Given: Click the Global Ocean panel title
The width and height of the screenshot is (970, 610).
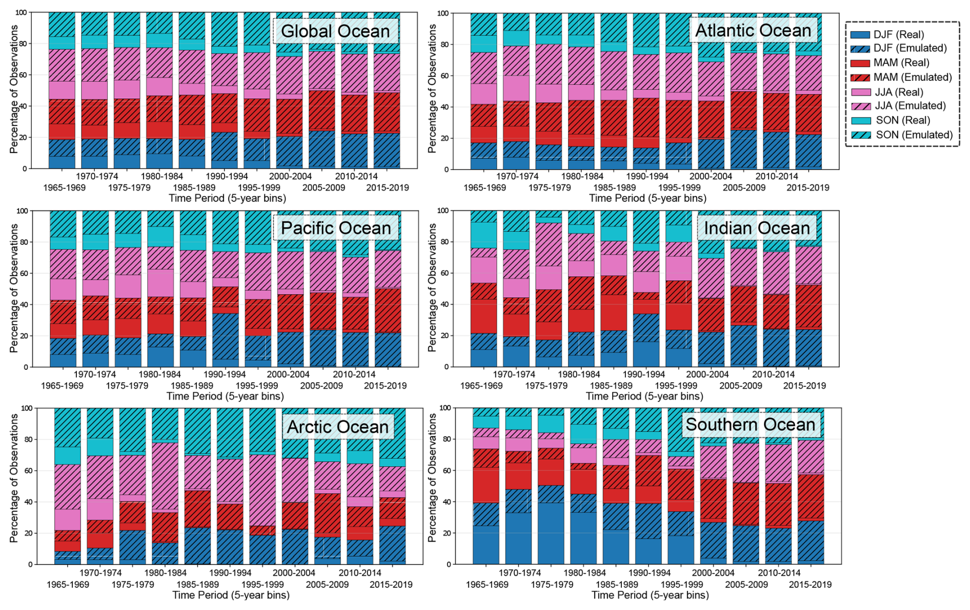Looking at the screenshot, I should pyautogui.click(x=335, y=31).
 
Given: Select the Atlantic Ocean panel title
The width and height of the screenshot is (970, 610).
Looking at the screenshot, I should pyautogui.click(x=753, y=31).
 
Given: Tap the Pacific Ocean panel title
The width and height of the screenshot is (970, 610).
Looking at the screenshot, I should pyautogui.click(x=336, y=228).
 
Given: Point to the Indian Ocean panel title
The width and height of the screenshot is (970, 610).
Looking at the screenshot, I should pyautogui.click(x=757, y=228).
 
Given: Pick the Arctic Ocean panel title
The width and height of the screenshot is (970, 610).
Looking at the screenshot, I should pyautogui.click(x=338, y=427).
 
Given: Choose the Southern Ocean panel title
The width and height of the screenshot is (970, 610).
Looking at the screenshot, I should pyautogui.click(x=750, y=425).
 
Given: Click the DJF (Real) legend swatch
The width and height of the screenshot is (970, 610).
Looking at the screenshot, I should pyautogui.click(x=860, y=35).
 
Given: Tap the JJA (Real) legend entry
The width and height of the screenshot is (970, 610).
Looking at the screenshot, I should pyautogui.click(x=898, y=92).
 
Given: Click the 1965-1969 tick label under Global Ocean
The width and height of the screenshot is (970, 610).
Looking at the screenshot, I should pyautogui.click(x=64, y=187).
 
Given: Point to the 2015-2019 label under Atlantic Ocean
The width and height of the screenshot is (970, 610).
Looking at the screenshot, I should pyautogui.click(x=807, y=187).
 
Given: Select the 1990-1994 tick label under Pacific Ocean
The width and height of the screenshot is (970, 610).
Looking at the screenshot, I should pyautogui.click(x=224, y=374).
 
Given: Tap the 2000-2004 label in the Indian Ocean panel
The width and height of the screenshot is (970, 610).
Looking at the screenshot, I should pyautogui.click(x=707, y=374).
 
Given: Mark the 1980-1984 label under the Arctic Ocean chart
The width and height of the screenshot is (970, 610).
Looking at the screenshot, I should pyautogui.click(x=165, y=573).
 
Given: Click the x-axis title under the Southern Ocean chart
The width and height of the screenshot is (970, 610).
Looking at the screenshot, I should pyautogui.click(x=650, y=595).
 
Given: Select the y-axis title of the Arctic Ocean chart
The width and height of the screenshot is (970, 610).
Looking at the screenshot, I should pyautogui.click(x=14, y=478).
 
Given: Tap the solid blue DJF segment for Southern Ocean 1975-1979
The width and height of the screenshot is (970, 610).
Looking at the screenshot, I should pyautogui.click(x=551, y=533).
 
